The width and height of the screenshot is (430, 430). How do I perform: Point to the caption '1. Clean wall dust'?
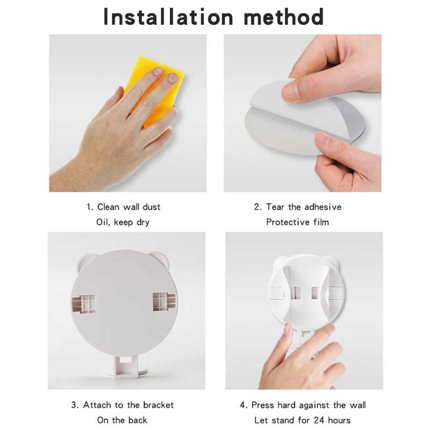tap(124, 207)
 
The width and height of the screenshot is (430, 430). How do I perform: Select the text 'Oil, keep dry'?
tap(124, 222)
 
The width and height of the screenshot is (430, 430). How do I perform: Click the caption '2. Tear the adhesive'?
tap(297, 207)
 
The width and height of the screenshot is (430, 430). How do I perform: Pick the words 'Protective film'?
tap(297, 222)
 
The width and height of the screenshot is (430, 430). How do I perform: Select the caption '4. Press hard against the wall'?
tap(303, 405)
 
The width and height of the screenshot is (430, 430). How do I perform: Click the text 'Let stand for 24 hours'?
tap(303, 420)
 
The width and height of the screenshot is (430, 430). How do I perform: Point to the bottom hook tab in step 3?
tap(125, 363)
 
